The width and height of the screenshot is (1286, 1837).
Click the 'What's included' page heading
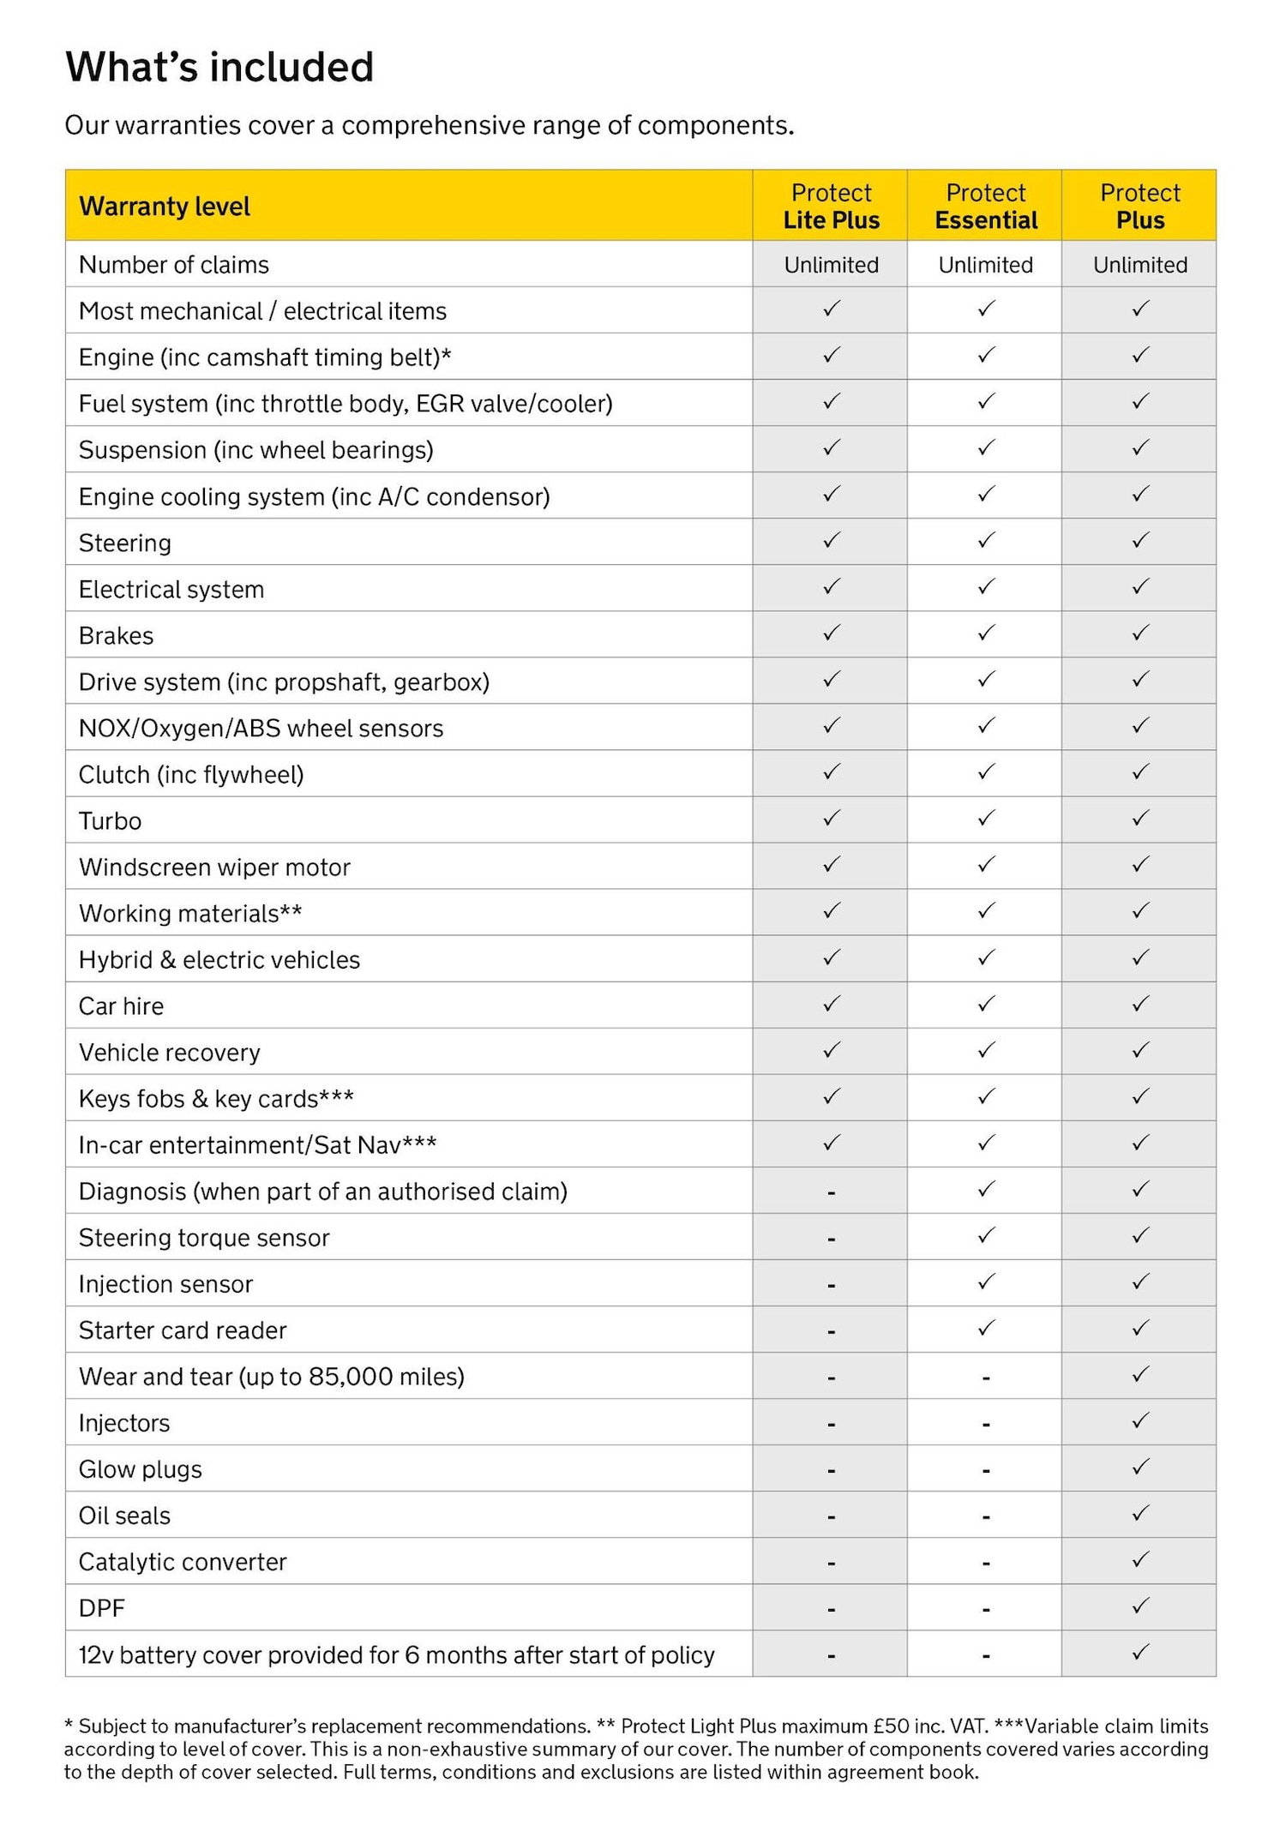click(219, 68)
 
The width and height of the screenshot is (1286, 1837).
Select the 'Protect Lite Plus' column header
click(831, 206)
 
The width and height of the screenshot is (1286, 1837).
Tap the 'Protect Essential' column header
click(985, 206)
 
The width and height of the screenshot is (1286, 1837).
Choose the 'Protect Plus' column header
click(1139, 206)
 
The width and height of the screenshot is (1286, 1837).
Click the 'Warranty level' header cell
click(165, 207)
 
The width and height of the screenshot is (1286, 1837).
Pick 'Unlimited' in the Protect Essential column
click(985, 265)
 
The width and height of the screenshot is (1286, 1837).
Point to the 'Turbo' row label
click(110, 821)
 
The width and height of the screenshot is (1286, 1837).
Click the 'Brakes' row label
click(116, 636)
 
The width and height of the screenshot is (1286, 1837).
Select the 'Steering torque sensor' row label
click(204, 1238)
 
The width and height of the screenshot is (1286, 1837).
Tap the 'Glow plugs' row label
click(140, 1469)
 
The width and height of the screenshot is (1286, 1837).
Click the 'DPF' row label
click(101, 1608)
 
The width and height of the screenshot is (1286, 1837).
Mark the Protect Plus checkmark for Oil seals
click(1139, 1514)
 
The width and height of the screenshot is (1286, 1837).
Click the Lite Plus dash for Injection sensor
click(831, 1285)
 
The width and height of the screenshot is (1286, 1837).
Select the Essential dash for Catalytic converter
click(986, 1563)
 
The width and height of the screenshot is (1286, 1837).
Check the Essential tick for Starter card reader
click(986, 1329)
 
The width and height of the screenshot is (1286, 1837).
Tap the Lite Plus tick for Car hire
click(831, 1004)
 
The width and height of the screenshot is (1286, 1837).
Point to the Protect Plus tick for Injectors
click(1139, 1421)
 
